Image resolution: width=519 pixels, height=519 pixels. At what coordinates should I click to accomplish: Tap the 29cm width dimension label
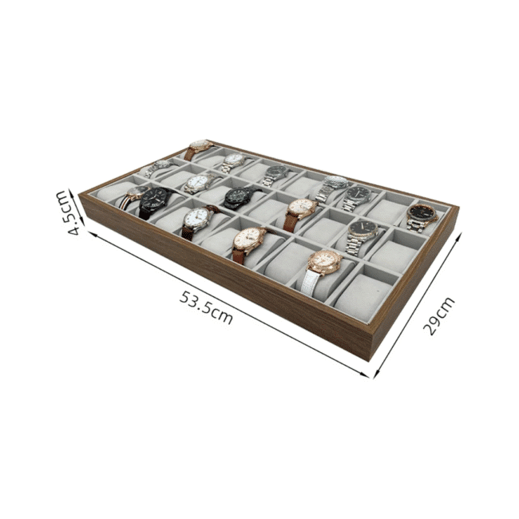[x=438, y=315]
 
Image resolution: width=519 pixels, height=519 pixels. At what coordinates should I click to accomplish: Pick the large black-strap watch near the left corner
[x=155, y=201]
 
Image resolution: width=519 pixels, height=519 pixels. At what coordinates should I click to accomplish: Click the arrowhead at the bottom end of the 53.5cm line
[x=366, y=374]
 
